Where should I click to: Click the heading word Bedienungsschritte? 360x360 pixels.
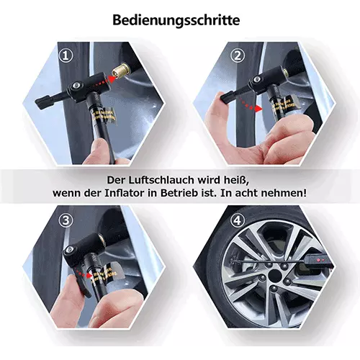pyautogui.click(x=176, y=20)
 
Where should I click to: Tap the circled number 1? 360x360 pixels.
pyautogui.click(x=66, y=56)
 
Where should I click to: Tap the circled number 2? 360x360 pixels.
pyautogui.click(x=238, y=56)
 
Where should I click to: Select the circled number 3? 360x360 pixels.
pyautogui.click(x=66, y=220)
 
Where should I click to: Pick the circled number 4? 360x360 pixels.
pyautogui.click(x=238, y=220)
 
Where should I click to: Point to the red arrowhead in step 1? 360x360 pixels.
pyautogui.click(x=111, y=79)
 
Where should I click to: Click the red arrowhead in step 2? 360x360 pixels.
pyautogui.click(x=258, y=108)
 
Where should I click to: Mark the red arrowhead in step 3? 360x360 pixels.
pyautogui.click(x=90, y=275)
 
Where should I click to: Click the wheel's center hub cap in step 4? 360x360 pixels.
pyautogui.click(x=275, y=275)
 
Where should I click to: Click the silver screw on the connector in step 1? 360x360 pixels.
pyautogui.click(x=77, y=85)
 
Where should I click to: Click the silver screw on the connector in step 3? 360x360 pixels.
pyautogui.click(x=71, y=250)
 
